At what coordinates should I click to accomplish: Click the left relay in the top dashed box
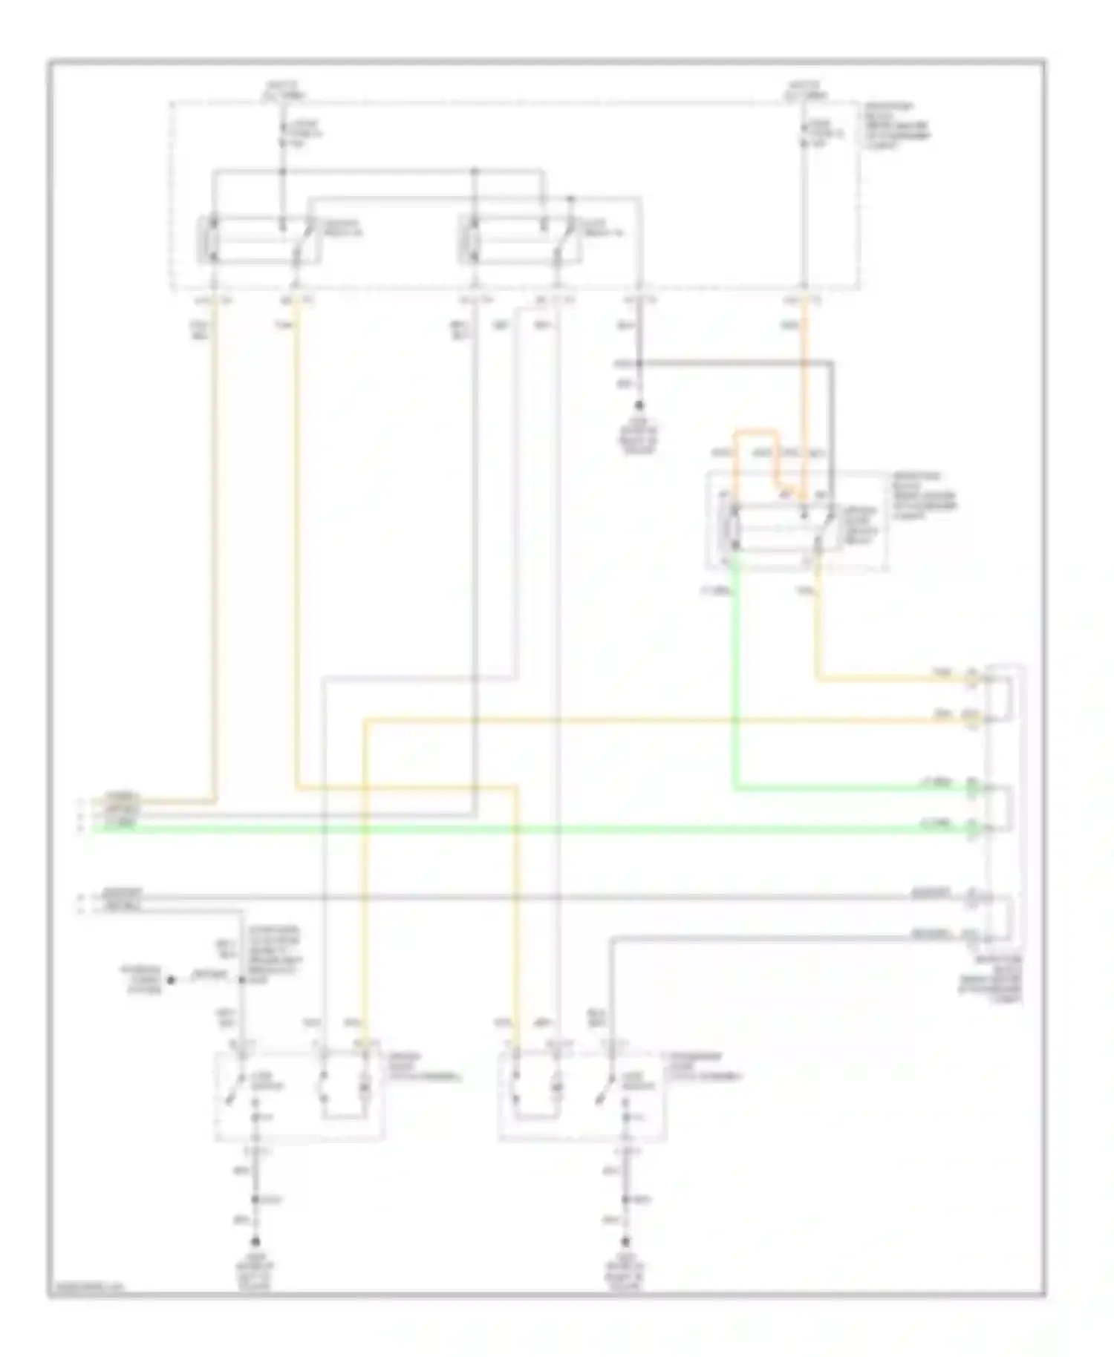pyautogui.click(x=257, y=240)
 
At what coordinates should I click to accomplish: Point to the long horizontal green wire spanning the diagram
pyautogui.click(x=520, y=828)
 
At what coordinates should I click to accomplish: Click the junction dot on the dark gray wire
pyautogui.click(x=639, y=364)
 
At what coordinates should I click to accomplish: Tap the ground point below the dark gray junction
pyautogui.click(x=639, y=407)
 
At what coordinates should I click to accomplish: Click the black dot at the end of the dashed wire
pyautogui.click(x=172, y=980)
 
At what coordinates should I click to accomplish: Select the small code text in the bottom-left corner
pyautogui.click(x=86, y=1288)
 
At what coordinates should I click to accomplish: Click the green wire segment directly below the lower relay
pyautogui.click(x=735, y=668)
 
